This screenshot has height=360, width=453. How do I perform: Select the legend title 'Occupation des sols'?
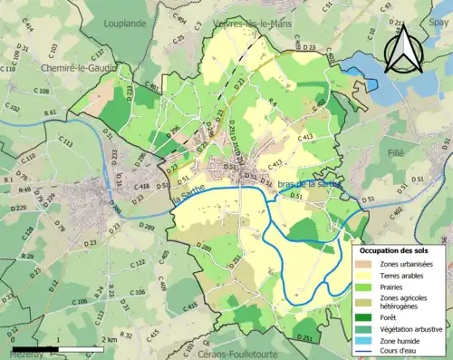(x=395, y=249)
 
